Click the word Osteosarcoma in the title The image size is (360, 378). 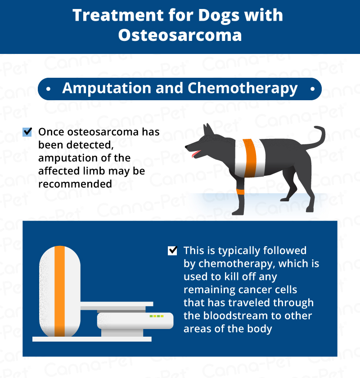[x=180, y=35]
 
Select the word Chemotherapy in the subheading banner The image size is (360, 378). [x=243, y=89]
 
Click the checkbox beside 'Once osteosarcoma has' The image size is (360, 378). [x=27, y=132]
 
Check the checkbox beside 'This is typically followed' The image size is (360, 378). [x=172, y=250]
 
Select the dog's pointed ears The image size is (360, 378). [x=208, y=129]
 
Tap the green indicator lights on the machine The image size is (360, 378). [x=156, y=316]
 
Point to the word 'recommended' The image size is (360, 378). [x=75, y=184]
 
